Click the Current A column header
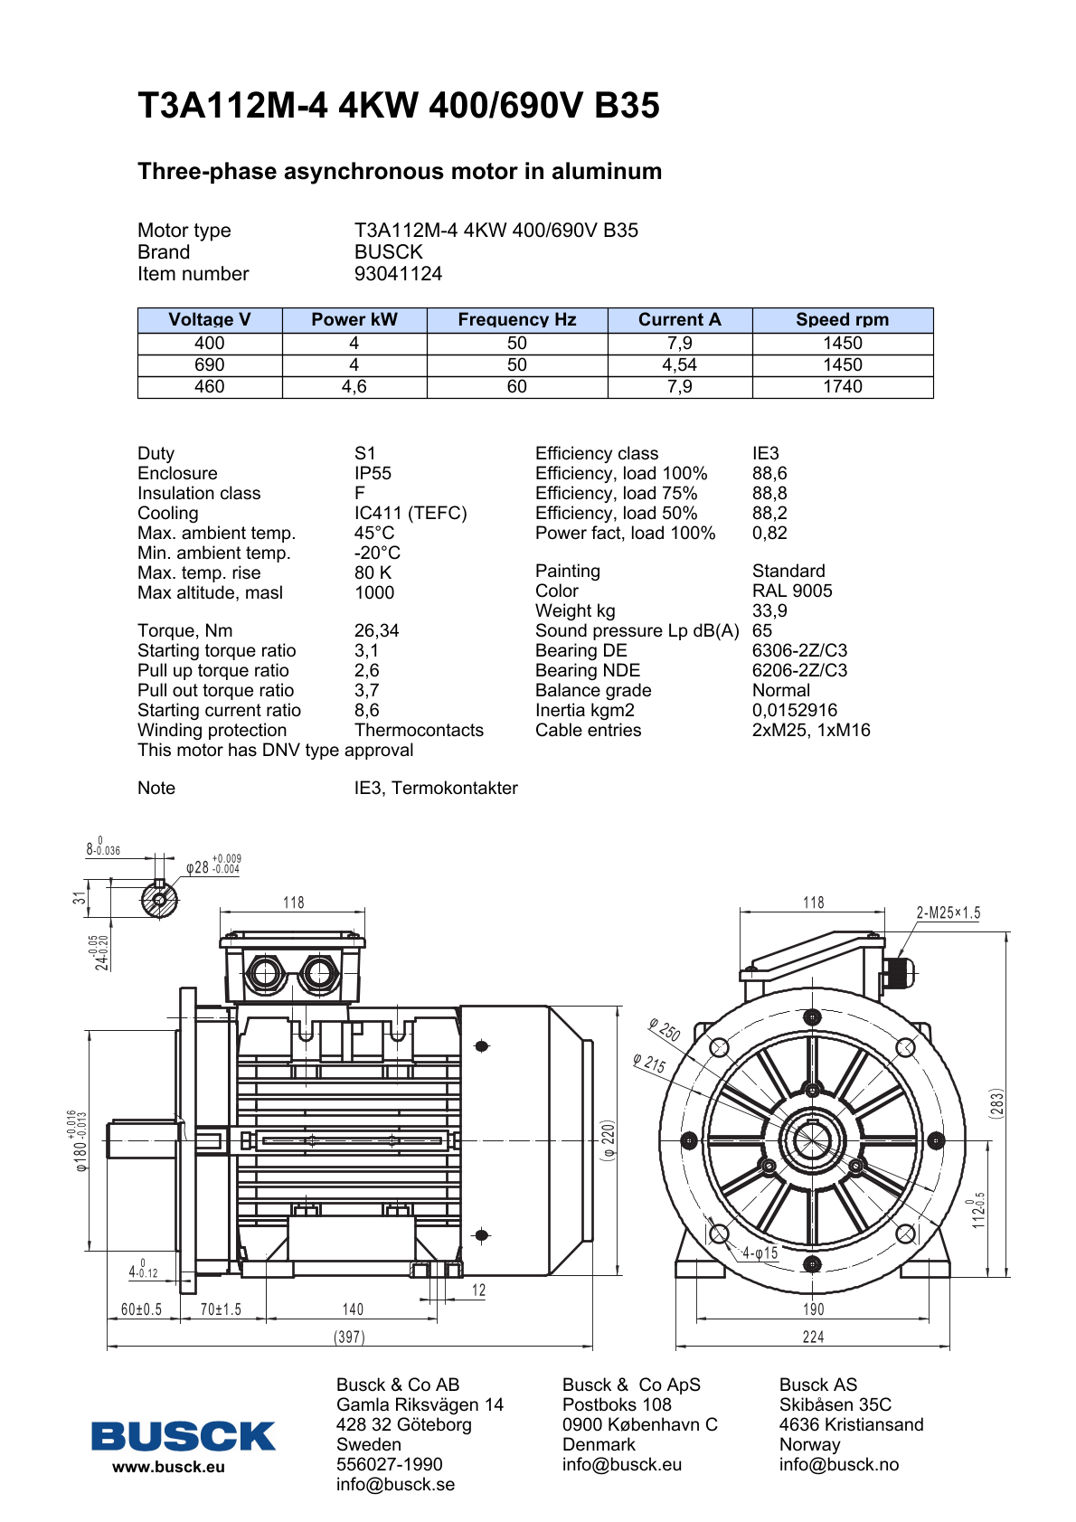point(679,320)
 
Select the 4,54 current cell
point(679,365)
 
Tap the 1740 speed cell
point(842,387)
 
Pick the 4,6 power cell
point(354,387)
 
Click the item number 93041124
point(398,274)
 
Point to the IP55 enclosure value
point(373,474)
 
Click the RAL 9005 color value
point(792,591)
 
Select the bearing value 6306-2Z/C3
point(799,651)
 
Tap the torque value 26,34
point(376,631)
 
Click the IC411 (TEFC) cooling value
point(411,514)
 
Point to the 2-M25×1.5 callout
point(948,913)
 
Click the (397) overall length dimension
point(349,1338)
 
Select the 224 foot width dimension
point(813,1338)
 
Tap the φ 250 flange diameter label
point(665,1030)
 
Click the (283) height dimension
point(996,1103)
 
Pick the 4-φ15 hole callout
point(760,1253)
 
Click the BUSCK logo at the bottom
point(183,1436)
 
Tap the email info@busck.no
point(838,1465)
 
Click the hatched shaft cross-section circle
point(159,899)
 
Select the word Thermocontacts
point(419,731)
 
